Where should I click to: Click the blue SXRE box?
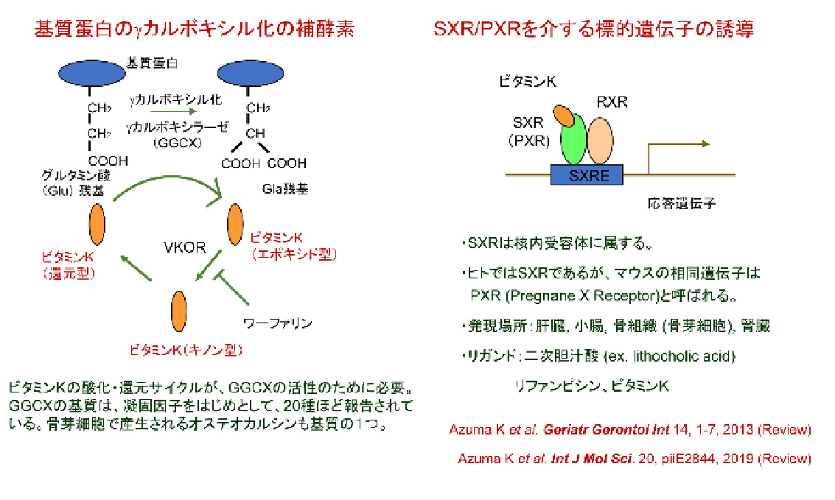click(x=587, y=175)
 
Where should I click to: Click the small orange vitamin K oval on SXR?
click(x=564, y=116)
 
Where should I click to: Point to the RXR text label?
click(x=611, y=102)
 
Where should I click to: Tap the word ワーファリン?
click(x=278, y=323)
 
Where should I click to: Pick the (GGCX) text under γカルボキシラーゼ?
click(x=177, y=143)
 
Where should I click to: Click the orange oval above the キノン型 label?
click(x=178, y=311)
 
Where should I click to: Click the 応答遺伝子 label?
click(x=666, y=201)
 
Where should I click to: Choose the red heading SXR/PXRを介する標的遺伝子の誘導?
click(x=594, y=30)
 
